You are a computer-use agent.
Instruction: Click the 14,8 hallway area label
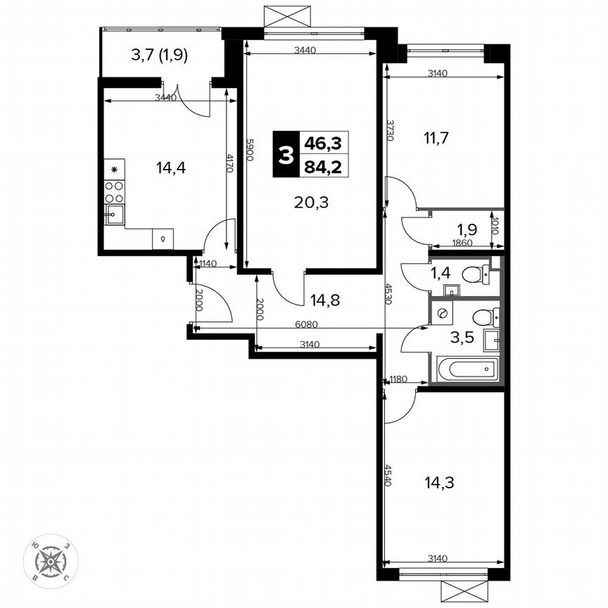pyautogui.click(x=325, y=300)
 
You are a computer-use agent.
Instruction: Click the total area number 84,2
pyautogui.click(x=322, y=167)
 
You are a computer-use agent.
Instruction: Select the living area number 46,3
pyautogui.click(x=322, y=144)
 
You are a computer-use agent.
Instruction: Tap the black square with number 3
pyautogui.click(x=285, y=156)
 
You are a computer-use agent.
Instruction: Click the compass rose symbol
pyautogui.click(x=51, y=561)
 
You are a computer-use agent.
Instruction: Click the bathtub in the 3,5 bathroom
pyautogui.click(x=467, y=368)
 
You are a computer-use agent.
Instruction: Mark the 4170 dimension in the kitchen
pyautogui.click(x=229, y=163)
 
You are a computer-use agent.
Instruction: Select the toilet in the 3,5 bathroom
pyautogui.click(x=483, y=317)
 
